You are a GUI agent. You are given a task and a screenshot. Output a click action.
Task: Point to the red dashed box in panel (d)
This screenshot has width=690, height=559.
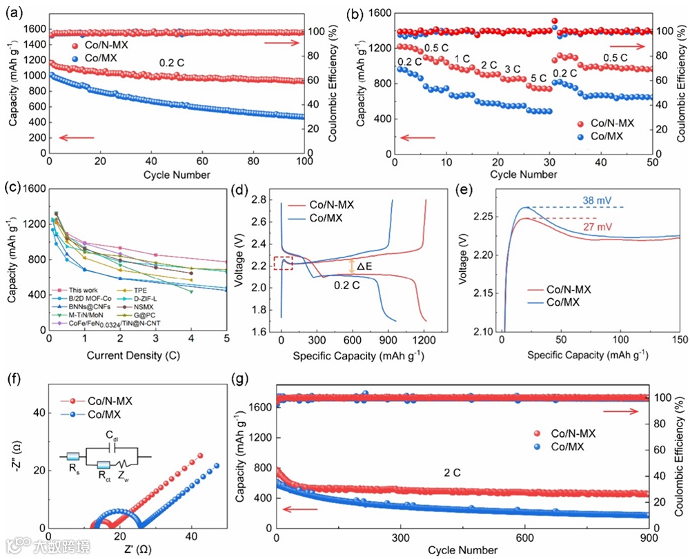(283, 263)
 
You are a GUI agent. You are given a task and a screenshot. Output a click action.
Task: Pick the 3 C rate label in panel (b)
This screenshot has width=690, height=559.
(513, 70)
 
